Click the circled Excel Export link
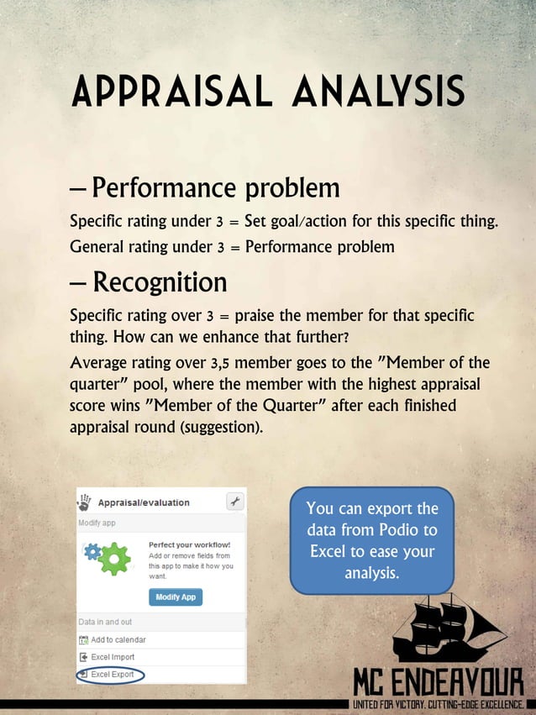click(112, 675)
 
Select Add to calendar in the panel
click(118, 639)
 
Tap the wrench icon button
click(235, 502)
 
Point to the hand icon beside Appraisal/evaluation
click(84, 502)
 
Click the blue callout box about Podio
click(371, 540)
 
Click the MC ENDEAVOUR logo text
click(438, 681)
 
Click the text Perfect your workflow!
click(189, 544)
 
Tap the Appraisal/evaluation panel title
click(144, 502)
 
